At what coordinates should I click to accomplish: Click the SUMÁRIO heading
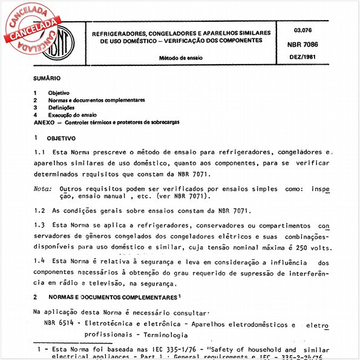coord(47,79)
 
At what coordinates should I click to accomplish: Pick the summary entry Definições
coord(62,107)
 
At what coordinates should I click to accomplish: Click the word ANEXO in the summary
coord(43,122)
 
